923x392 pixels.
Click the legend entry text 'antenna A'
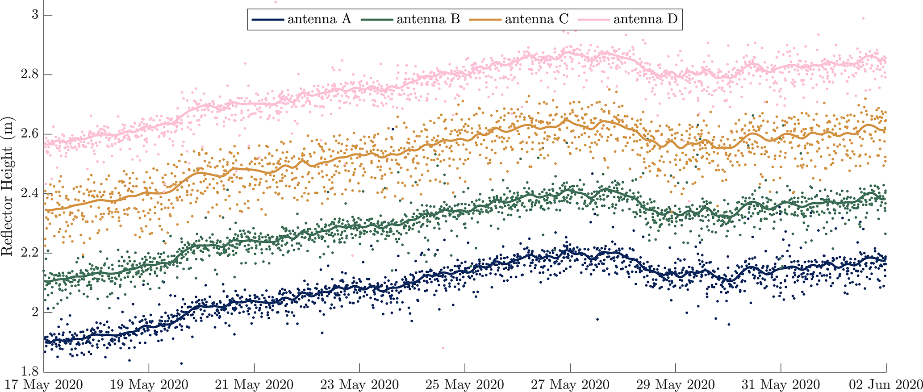[x=319, y=19]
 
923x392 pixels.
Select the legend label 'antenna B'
[x=428, y=19]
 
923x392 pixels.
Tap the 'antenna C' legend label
[x=537, y=19]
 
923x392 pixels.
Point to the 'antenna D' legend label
[x=645, y=19]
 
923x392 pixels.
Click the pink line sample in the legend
[x=593, y=20]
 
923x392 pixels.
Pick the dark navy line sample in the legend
[x=267, y=20]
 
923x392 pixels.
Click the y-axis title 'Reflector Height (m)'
[x=8, y=186]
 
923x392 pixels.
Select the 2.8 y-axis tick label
[x=30, y=74]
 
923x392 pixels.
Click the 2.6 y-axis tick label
[x=30, y=133]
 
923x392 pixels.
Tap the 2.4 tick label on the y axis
[x=30, y=193]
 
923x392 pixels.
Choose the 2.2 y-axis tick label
[x=30, y=252]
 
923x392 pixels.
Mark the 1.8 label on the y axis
[x=30, y=371]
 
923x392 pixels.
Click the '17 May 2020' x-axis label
[x=44, y=384]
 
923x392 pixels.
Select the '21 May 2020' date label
[x=254, y=384]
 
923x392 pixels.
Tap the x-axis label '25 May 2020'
[x=465, y=384]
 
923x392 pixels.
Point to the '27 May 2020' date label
[x=570, y=384]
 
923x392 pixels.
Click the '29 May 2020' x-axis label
[x=676, y=384]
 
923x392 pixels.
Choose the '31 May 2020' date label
[x=781, y=384]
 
